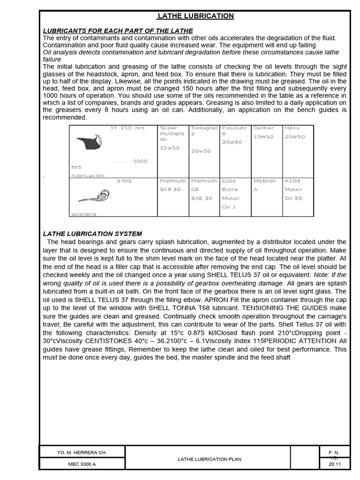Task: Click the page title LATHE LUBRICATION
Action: [x=195, y=16]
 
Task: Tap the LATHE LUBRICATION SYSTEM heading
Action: [x=92, y=233]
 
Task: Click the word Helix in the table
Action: [x=292, y=128]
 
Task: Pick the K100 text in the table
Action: [x=292, y=181]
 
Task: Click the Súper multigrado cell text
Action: [x=172, y=133]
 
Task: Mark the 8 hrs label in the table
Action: [x=124, y=181]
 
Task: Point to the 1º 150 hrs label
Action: [x=127, y=128]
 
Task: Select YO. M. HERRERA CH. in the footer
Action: [x=82, y=452]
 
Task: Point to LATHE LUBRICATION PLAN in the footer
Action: [x=209, y=459]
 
